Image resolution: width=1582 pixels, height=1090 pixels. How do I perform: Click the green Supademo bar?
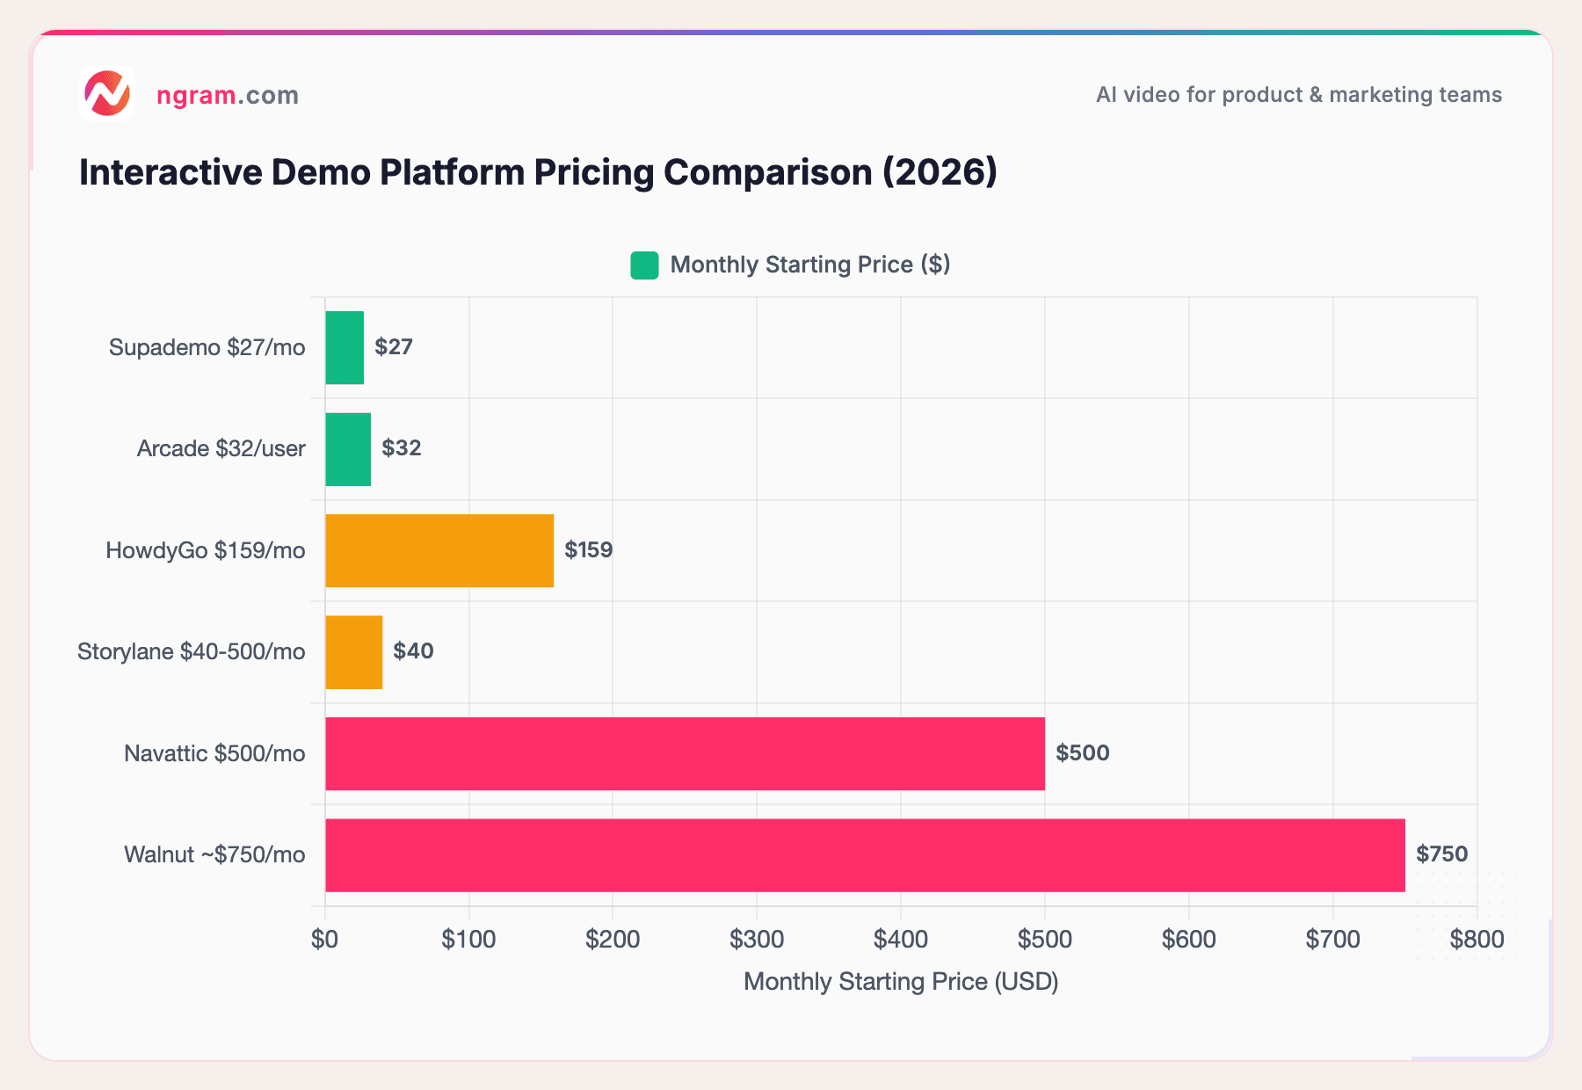[x=345, y=347]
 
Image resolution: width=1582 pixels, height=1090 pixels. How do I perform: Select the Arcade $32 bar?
[x=348, y=449]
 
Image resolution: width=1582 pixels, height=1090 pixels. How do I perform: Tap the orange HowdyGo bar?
[x=439, y=550]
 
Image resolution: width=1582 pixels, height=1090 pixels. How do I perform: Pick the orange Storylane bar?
[x=354, y=652]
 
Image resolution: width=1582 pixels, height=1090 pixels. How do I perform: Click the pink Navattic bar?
[x=685, y=753]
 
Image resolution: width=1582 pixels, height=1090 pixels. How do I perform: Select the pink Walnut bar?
[x=865, y=855]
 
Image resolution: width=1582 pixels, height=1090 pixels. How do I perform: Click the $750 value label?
[x=1441, y=854]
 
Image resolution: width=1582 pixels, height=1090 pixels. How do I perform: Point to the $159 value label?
[x=588, y=549]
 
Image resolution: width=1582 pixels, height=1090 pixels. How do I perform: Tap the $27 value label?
[x=393, y=346]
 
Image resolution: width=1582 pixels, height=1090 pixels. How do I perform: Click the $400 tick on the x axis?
[x=900, y=940]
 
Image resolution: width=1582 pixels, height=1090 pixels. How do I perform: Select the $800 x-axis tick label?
[x=1477, y=940]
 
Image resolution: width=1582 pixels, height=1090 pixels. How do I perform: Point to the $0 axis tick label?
[x=324, y=940]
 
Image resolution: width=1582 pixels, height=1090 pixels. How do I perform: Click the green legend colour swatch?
[x=644, y=265]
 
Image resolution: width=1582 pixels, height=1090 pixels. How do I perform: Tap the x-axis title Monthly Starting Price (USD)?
[x=901, y=981]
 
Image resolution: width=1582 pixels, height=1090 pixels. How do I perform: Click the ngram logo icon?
[x=106, y=93]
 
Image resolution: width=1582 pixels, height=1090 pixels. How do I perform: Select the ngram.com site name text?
[x=228, y=95]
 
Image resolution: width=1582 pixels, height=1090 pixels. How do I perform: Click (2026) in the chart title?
[x=940, y=172]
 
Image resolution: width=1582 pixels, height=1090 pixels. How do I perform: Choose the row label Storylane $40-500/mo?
[x=192, y=651]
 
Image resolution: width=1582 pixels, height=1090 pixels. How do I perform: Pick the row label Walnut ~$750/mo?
[x=214, y=854]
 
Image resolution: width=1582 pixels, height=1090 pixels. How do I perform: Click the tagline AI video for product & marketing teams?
[x=1298, y=95]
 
